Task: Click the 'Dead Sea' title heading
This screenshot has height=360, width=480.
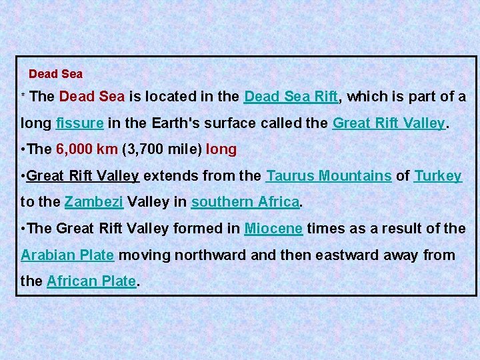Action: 55,74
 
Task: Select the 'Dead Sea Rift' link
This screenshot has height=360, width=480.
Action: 291,96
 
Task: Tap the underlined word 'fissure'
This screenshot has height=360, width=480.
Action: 79,123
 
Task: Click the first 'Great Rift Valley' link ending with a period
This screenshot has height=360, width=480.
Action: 389,123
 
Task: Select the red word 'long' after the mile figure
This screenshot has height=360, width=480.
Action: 221,149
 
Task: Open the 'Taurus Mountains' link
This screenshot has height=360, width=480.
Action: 329,176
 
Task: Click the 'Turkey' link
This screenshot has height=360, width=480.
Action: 438,176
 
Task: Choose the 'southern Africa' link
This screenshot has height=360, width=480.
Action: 245,202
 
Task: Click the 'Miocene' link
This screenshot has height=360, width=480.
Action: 274,229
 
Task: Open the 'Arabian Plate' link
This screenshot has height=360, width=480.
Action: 67,255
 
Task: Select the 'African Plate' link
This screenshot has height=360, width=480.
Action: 91,281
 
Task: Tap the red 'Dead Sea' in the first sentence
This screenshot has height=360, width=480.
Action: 91,96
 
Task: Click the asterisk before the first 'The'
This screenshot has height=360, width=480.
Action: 23,97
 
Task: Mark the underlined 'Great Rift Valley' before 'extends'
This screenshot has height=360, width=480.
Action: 83,176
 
